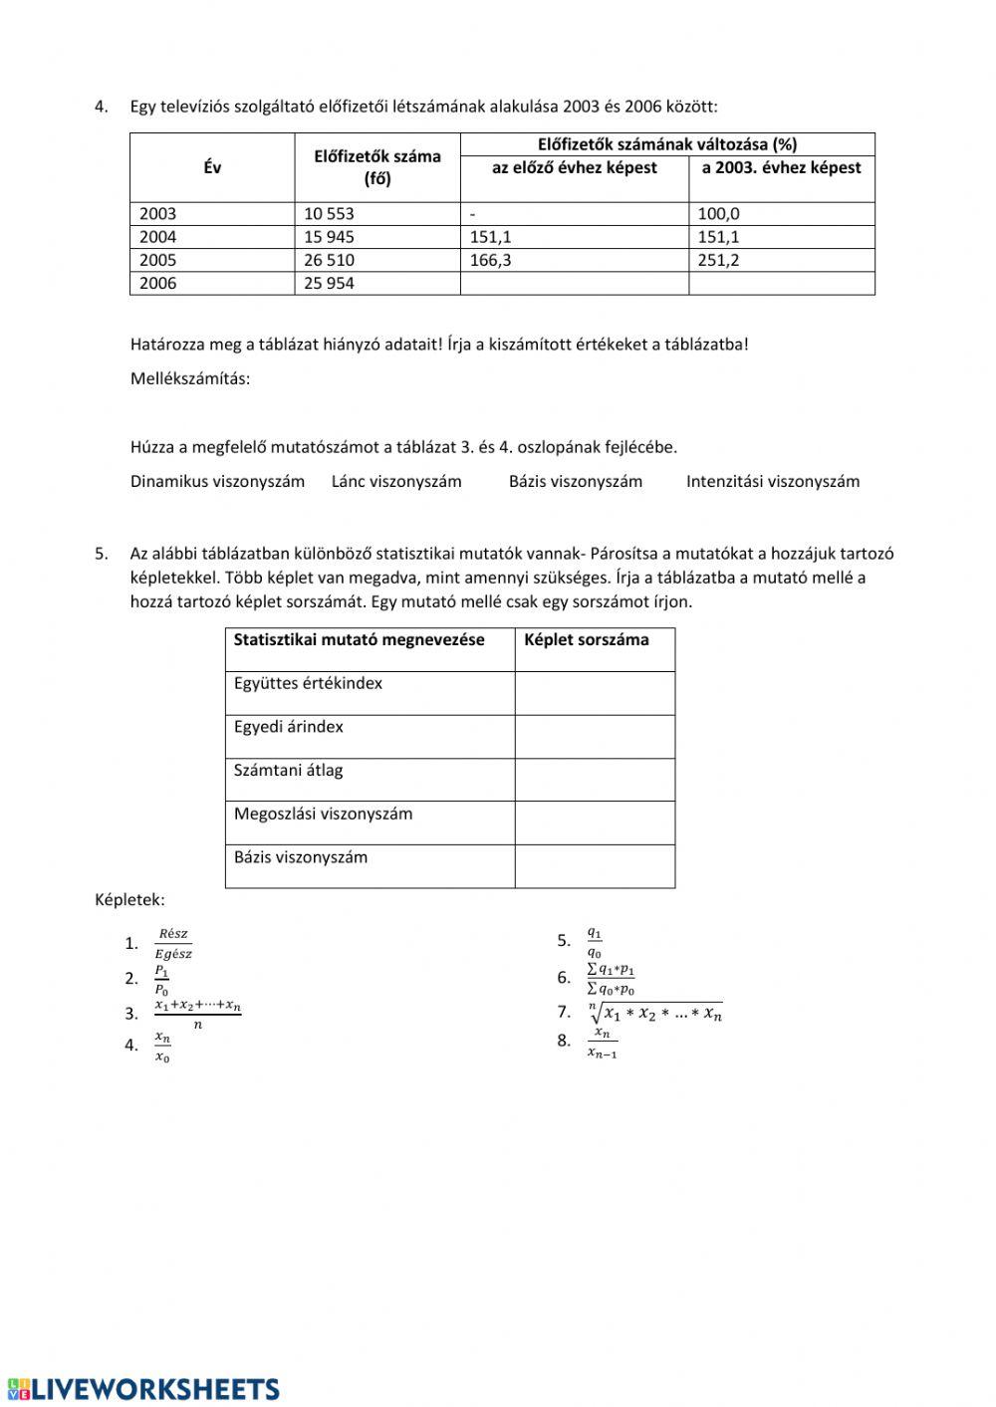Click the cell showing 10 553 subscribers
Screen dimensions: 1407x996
[329, 214]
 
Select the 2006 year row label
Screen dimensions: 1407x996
[157, 284]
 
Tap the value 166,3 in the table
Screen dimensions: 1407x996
[491, 261]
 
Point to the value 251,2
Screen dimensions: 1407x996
[718, 261]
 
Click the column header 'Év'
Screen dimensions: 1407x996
[212, 168]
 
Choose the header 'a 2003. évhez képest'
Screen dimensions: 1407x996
[781, 168]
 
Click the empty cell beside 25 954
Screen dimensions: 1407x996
[574, 284]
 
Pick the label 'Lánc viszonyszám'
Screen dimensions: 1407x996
[396, 482]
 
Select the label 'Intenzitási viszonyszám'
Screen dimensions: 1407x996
[772, 482]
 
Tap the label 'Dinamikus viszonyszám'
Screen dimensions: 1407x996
[217, 482]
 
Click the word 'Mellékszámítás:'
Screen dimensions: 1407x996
[190, 379]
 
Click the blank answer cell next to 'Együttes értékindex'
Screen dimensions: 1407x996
[595, 693]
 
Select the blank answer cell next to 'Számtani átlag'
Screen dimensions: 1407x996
[595, 781]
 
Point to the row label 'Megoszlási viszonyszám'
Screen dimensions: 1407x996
[323, 815]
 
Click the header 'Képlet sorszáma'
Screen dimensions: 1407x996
[586, 640]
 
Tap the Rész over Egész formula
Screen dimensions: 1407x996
[173, 944]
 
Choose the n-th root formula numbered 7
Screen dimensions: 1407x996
[655, 1013]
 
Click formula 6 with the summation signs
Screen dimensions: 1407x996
[611, 979]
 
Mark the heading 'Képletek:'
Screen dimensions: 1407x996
[129, 900]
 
